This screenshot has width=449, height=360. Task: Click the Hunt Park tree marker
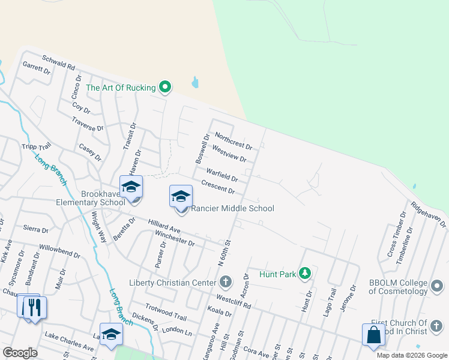click(x=305, y=274)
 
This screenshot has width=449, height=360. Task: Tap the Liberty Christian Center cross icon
click(x=226, y=281)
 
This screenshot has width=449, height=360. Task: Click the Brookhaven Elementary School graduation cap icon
click(x=131, y=187)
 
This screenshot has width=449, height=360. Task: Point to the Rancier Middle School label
click(x=232, y=208)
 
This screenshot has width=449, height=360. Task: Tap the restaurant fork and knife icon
click(x=34, y=308)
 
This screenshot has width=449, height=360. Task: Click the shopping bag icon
click(x=373, y=335)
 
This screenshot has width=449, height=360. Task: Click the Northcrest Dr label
click(x=233, y=141)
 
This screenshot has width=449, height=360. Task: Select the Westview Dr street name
click(x=229, y=155)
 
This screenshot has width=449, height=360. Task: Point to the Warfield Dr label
click(x=222, y=175)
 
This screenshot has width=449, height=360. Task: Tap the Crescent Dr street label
click(x=218, y=187)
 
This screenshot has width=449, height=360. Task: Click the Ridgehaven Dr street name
click(x=429, y=214)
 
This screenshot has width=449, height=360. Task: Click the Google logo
click(x=20, y=353)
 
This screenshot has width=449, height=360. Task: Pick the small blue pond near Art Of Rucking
click(x=195, y=82)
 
